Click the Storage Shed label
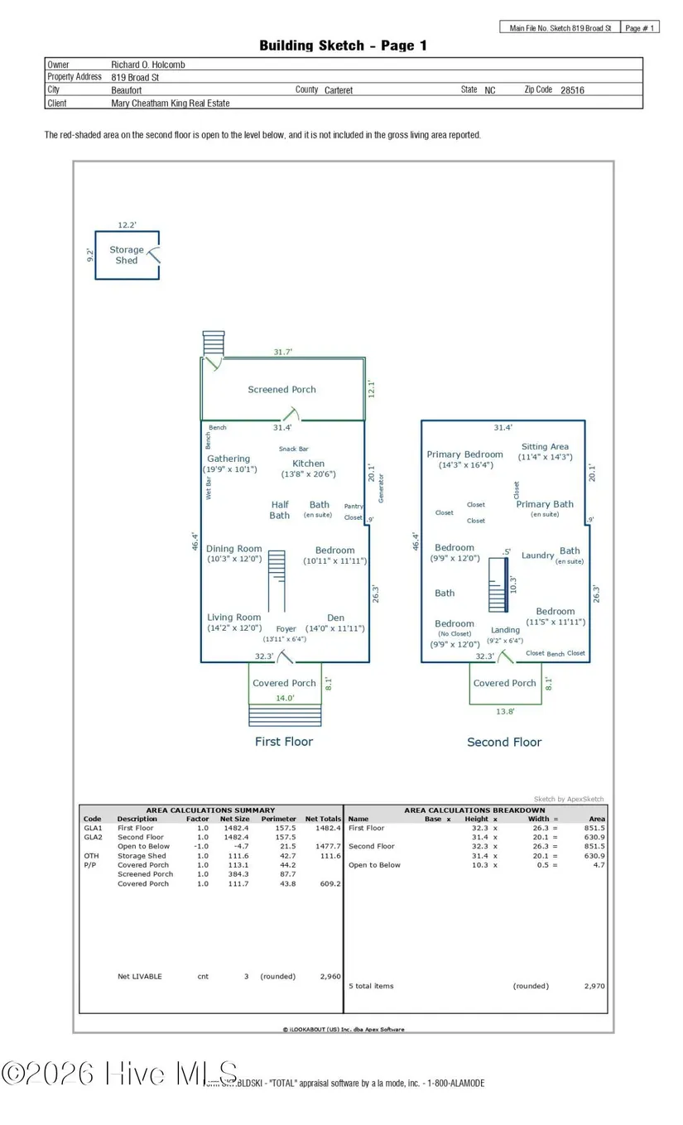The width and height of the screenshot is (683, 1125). (127, 255)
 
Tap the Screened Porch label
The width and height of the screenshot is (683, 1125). (281, 389)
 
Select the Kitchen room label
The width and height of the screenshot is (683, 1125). (308, 464)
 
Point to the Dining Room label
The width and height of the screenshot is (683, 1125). (233, 549)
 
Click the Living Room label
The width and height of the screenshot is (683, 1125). (233, 618)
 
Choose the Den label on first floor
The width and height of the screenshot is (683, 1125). (335, 618)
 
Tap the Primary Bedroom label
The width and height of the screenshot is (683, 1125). (464, 454)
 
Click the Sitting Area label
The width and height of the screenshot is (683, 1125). (545, 447)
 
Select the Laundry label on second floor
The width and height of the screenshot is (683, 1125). (537, 555)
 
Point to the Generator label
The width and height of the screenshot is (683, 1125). (382, 488)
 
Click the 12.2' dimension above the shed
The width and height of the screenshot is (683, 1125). (127, 224)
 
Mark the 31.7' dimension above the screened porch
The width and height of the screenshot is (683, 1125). (283, 352)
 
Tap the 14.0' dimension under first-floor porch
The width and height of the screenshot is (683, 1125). (285, 698)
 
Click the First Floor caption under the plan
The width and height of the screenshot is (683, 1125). (284, 742)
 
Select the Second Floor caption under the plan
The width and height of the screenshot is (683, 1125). (504, 743)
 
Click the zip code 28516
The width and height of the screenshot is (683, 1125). (572, 90)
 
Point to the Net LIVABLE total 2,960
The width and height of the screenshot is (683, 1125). (329, 977)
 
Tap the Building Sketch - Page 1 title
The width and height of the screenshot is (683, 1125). (343, 46)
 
